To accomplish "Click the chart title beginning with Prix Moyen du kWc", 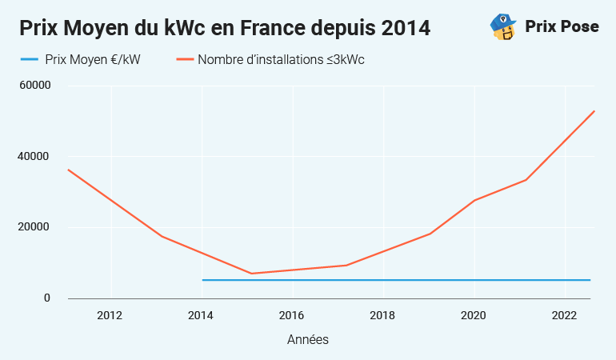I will point(225,28).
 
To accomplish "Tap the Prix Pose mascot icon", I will point(502,26).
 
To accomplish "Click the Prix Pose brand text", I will point(562,26).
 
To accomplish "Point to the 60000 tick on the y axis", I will point(35,86).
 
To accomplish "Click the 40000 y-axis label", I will point(35,157).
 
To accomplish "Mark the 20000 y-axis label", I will point(35,227).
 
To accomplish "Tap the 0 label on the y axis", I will point(46,298).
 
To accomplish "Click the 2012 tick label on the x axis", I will point(110,314).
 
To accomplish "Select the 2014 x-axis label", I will point(202,314).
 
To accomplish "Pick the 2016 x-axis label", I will point(292,314).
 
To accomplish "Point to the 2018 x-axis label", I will point(383,314).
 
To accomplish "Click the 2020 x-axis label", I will point(474,314).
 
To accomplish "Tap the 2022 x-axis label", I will point(565,314).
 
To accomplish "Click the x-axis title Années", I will point(308,340).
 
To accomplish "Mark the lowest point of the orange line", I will point(252,274).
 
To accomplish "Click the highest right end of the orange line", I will point(594,111).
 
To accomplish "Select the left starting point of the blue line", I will point(202,280).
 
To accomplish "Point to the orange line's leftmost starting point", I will point(68,170).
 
